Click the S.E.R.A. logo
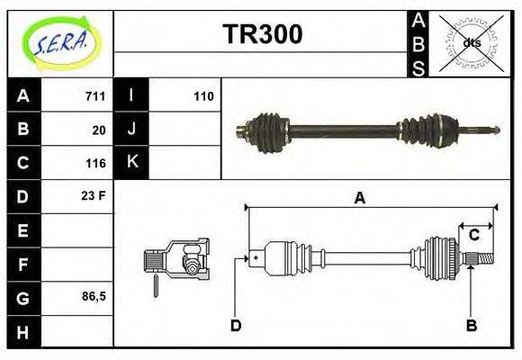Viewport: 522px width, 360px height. click(x=60, y=42)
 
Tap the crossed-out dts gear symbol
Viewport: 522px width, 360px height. click(x=471, y=43)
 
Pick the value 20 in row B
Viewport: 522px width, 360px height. click(x=99, y=130)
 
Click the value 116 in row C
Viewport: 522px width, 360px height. click(x=95, y=163)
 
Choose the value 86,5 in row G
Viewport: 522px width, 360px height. click(x=93, y=296)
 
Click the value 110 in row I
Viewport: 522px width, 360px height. click(x=203, y=96)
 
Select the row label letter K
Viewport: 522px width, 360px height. click(x=132, y=163)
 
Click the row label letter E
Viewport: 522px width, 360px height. click(x=23, y=230)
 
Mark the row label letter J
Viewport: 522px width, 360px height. click(x=132, y=130)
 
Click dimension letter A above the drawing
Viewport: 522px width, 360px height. click(x=359, y=198)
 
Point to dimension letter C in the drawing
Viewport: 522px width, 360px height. click(x=473, y=236)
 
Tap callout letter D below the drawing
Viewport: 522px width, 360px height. click(x=236, y=325)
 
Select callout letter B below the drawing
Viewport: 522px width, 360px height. click(x=471, y=325)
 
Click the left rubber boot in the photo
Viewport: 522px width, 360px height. click(x=267, y=130)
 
